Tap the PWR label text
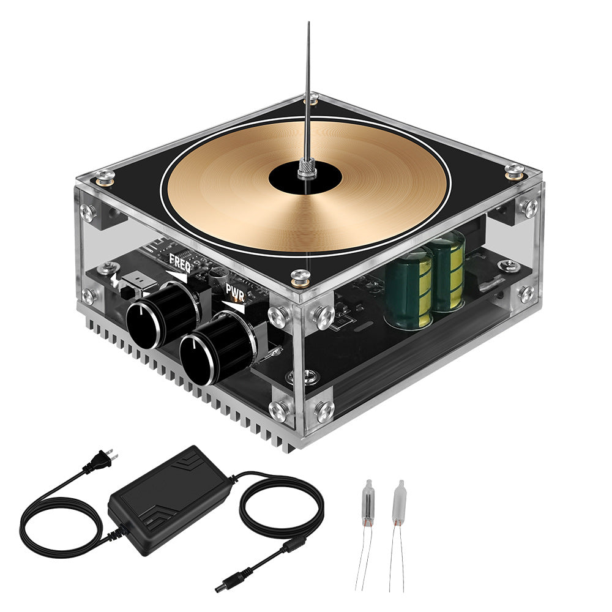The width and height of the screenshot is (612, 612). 236,289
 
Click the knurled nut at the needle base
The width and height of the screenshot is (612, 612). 307,168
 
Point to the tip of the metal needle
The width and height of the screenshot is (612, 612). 309,23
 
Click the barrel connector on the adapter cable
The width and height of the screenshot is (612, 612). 225,586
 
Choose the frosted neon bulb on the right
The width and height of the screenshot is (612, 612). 399,502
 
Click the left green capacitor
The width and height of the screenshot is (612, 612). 409,288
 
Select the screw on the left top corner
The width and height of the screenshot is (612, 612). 105,175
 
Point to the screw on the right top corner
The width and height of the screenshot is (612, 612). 515,171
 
